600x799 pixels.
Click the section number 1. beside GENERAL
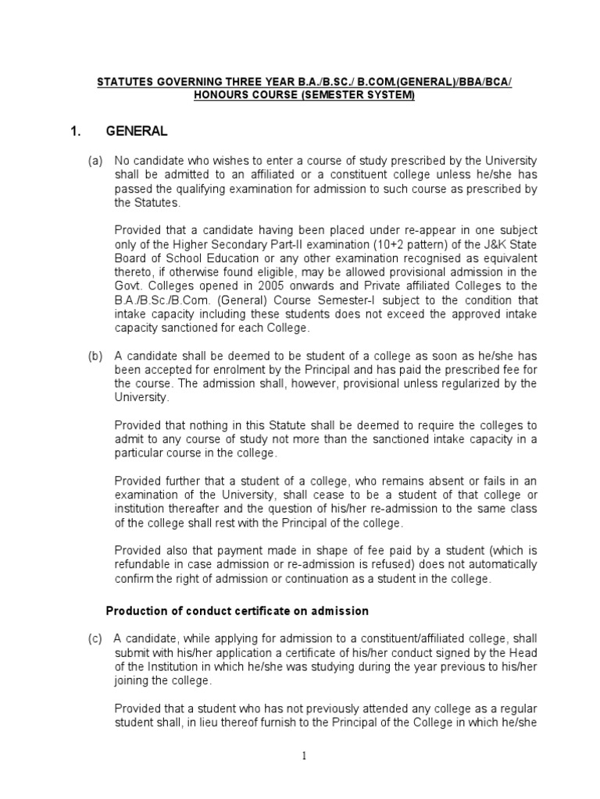pyautogui.click(x=77, y=132)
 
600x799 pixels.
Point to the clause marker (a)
pyautogui.click(x=95, y=161)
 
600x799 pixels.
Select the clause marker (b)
pyautogui.click(x=95, y=356)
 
